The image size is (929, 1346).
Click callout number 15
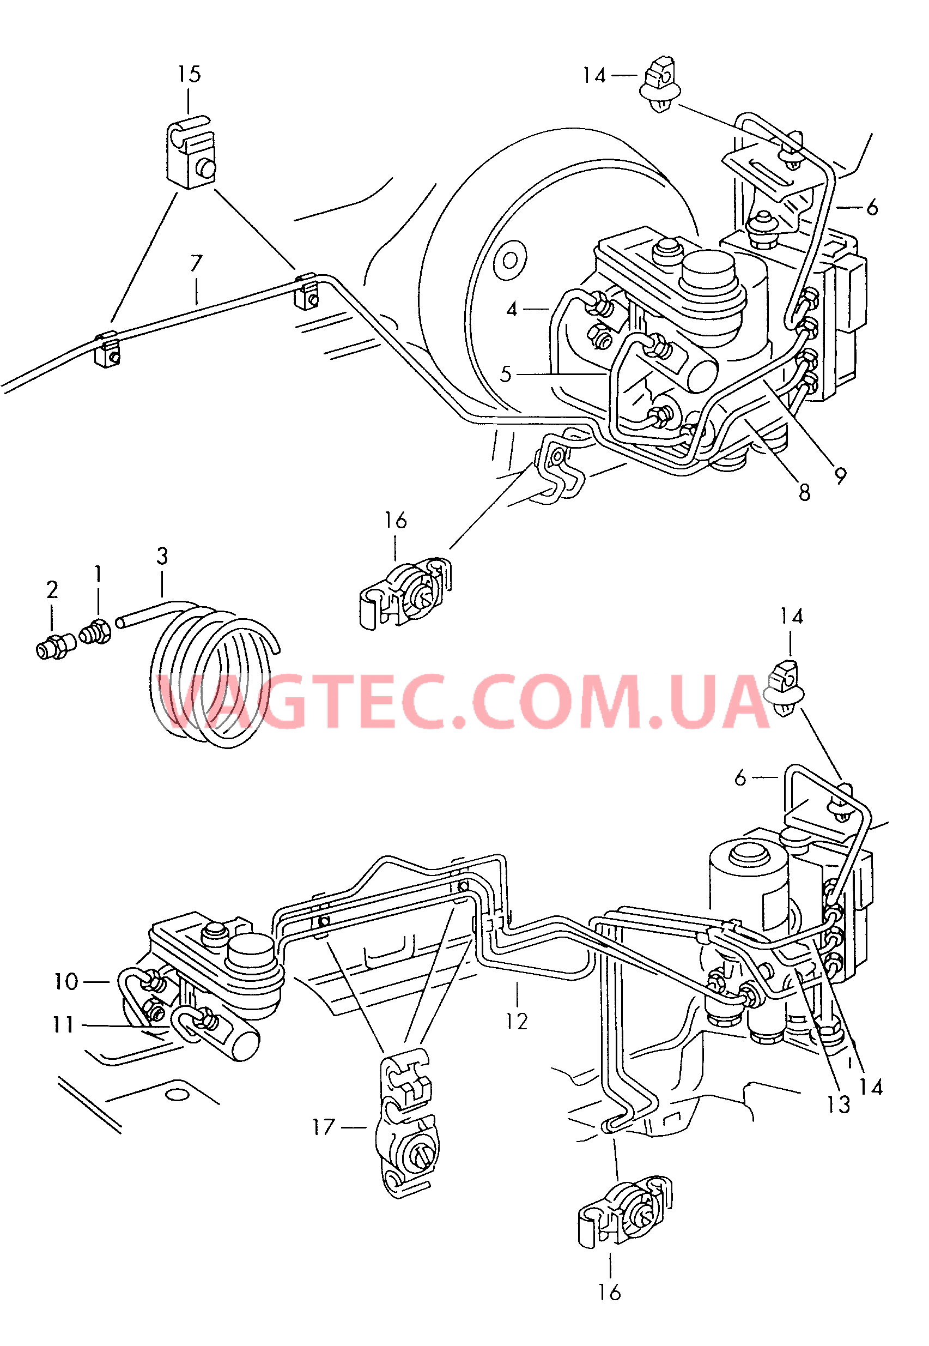tap(189, 75)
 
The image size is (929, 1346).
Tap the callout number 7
tap(196, 264)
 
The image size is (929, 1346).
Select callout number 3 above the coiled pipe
tap(162, 556)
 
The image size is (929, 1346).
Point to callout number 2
tap(52, 590)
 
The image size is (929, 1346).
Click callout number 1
tap(98, 574)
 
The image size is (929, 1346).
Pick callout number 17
tap(324, 1127)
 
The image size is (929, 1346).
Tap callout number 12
tap(517, 1021)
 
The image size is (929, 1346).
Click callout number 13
tap(838, 1104)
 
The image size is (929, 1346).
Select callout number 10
tap(66, 981)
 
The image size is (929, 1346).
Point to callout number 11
tap(63, 1024)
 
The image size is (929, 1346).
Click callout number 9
tap(840, 476)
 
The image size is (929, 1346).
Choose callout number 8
tap(804, 493)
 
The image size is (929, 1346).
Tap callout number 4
tap(512, 309)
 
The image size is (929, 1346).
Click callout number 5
tap(505, 374)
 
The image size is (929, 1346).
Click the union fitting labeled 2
tap(54, 647)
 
